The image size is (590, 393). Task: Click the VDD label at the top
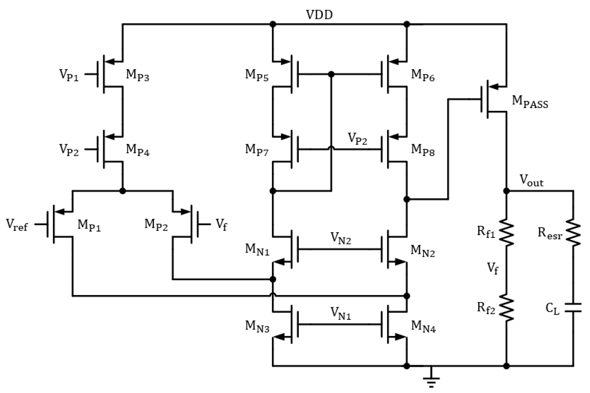(x=319, y=15)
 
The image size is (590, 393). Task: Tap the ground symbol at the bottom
(x=431, y=380)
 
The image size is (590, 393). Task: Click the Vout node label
(x=531, y=181)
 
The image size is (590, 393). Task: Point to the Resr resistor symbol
(x=573, y=233)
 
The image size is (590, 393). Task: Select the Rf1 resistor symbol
(x=507, y=233)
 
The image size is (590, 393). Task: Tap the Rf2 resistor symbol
(x=507, y=308)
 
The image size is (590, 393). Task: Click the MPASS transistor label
(x=530, y=102)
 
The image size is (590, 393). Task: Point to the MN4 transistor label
(x=423, y=327)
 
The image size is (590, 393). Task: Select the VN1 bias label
(x=341, y=314)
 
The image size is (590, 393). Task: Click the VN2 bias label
(x=341, y=238)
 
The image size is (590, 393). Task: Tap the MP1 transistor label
(x=89, y=225)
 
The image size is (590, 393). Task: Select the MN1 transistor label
(x=257, y=250)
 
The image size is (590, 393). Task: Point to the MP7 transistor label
(x=257, y=150)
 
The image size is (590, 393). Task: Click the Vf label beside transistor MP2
(x=221, y=225)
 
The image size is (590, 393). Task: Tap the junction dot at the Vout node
(x=507, y=191)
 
